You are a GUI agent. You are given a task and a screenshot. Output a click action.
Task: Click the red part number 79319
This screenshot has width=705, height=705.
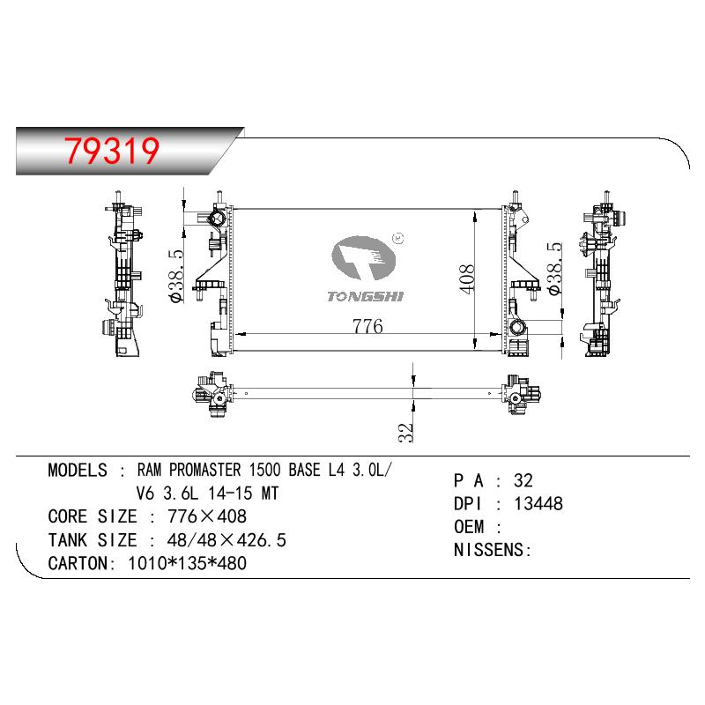coord(112,150)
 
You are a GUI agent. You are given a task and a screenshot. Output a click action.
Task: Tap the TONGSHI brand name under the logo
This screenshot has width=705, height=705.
coord(365,296)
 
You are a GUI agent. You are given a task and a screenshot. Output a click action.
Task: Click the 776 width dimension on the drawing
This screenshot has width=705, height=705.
coord(367,326)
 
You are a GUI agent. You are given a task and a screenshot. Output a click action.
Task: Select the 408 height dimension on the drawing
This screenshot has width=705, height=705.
coord(467,279)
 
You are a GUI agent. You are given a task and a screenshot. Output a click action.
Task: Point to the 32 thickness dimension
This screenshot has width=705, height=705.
coord(405,433)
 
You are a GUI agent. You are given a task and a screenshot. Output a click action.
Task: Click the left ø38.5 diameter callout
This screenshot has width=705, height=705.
coord(175,277)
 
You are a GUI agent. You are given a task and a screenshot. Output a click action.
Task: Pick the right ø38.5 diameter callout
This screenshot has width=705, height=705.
coord(555,269)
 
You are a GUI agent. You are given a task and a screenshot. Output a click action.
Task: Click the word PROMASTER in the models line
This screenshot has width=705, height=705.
coord(205,470)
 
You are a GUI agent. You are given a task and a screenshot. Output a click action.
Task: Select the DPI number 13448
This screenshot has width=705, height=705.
coord(538,503)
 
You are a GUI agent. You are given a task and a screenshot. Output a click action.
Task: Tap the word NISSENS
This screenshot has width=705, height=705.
coord(489,550)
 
